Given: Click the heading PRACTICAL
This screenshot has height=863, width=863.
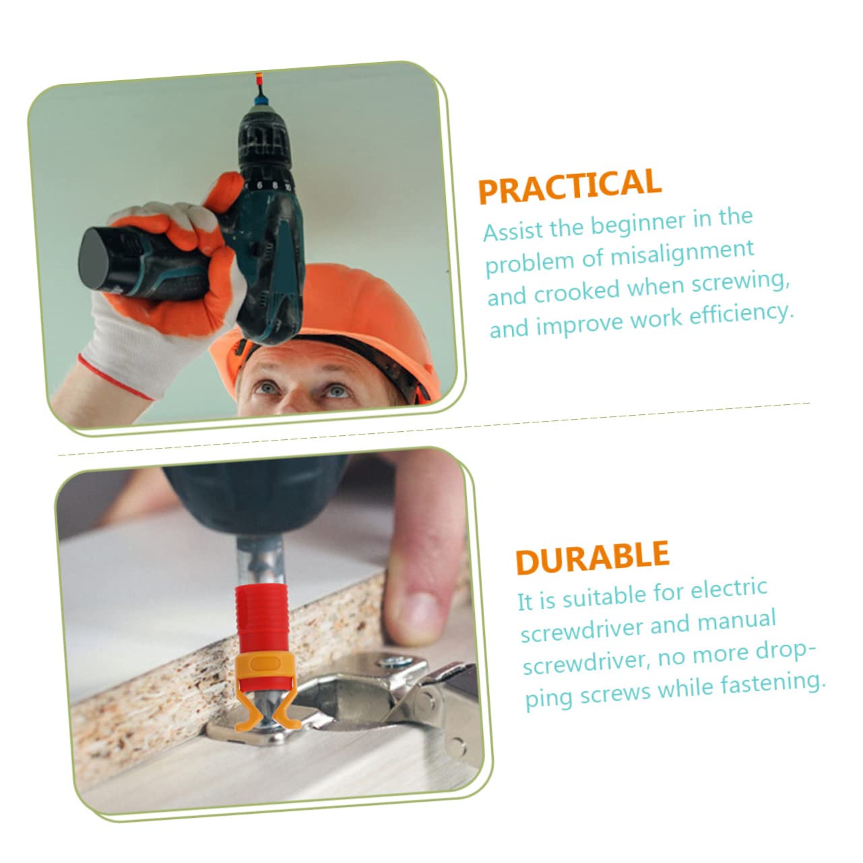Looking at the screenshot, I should coord(569,185).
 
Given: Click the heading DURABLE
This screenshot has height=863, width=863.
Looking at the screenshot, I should coord(592,557).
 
